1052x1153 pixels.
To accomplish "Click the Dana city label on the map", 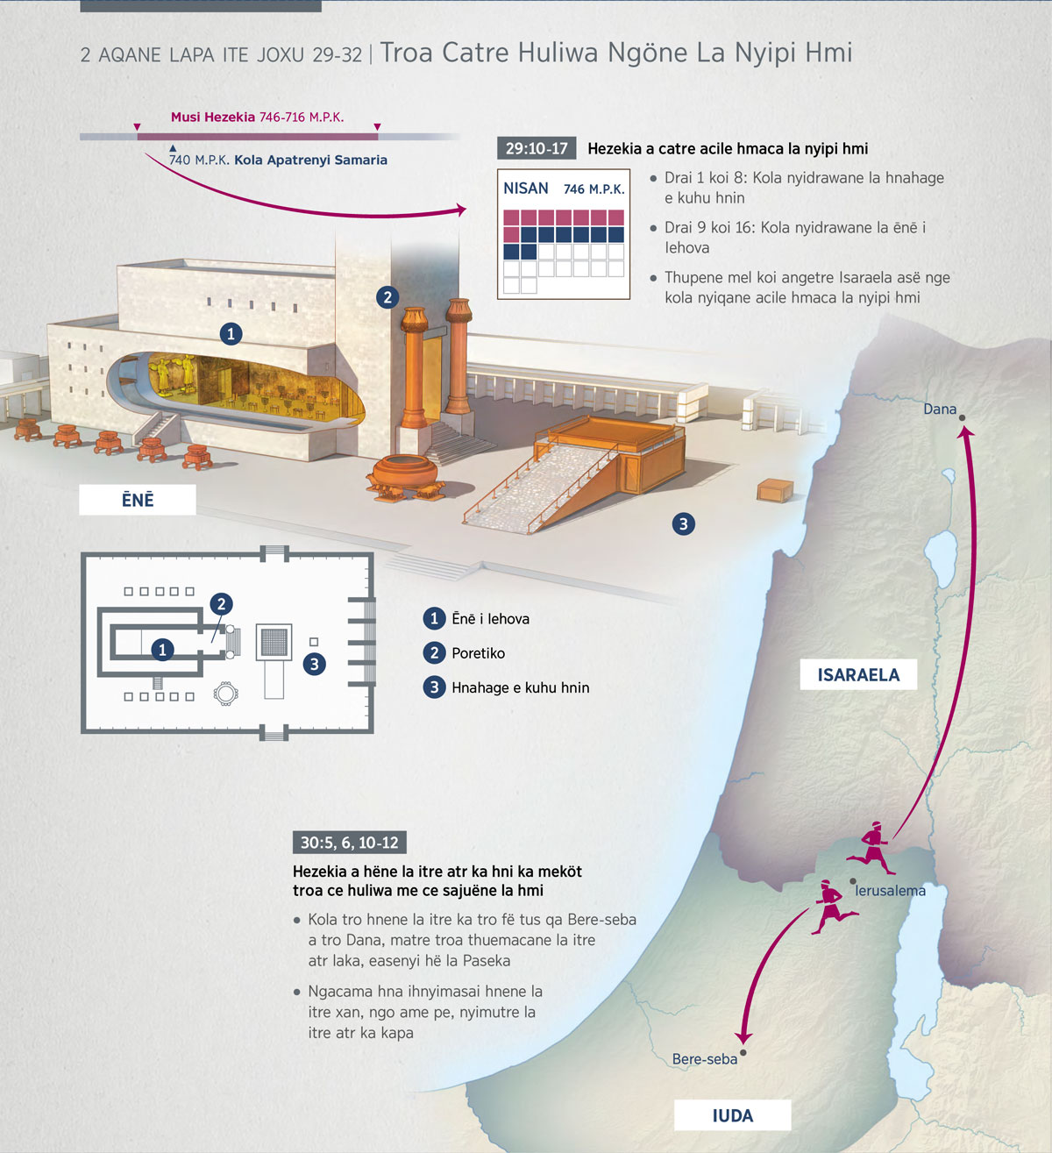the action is pos(939,409).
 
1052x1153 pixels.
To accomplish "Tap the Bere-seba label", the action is pos(704,1058).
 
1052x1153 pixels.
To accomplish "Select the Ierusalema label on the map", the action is pos(890,890).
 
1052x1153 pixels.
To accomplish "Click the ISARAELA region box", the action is pos(858,674).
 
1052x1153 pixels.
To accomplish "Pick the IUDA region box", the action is pos(732,1115).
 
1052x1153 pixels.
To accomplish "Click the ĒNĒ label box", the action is pos(138,500).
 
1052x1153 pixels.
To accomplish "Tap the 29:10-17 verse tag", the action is pos(537,149).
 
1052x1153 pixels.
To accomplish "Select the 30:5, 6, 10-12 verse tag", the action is pos(350,843).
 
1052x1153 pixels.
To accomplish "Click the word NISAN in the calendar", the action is pos(525,189).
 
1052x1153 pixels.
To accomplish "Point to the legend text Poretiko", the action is pos(479,653).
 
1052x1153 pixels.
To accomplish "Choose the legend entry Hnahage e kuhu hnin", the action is pos(520,687).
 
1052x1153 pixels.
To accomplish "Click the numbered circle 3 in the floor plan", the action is pos(315,665).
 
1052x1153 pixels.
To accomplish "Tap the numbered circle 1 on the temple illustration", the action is pos(231,334).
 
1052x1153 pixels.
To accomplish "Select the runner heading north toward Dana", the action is pos(870,848).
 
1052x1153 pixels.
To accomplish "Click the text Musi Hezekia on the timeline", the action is pos(213,117).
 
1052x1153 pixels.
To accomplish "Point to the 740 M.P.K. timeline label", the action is pos(199,160).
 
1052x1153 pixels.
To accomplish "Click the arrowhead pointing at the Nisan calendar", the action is pos(461,210).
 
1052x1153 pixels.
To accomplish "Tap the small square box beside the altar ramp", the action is pos(775,491).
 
